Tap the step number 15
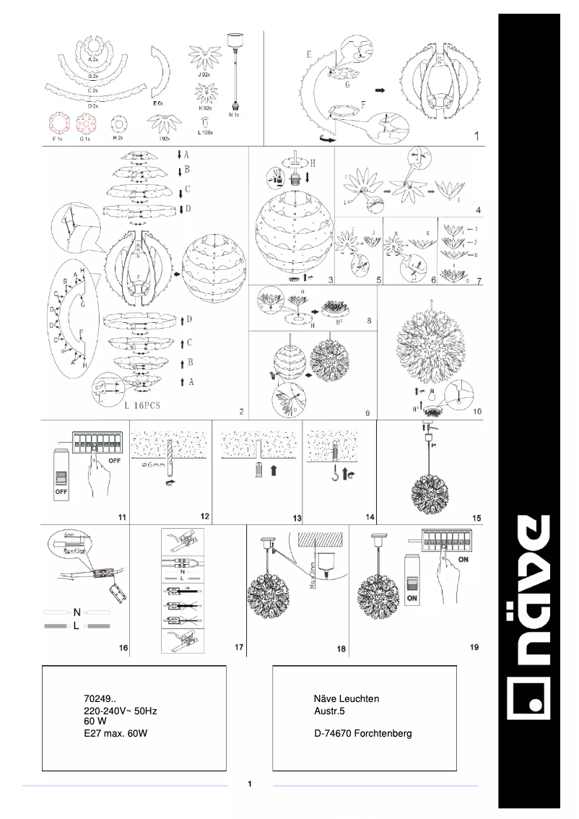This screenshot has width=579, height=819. tap(476, 518)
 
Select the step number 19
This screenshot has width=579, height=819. tap(474, 647)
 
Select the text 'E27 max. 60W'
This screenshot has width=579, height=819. tap(116, 733)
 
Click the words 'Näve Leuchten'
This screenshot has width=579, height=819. tap(346, 699)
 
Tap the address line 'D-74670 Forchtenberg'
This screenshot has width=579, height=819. tap(362, 733)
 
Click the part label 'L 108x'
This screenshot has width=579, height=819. tap(205, 134)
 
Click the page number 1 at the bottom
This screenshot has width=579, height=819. tap(249, 784)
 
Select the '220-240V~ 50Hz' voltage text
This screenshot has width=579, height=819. tap(120, 711)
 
